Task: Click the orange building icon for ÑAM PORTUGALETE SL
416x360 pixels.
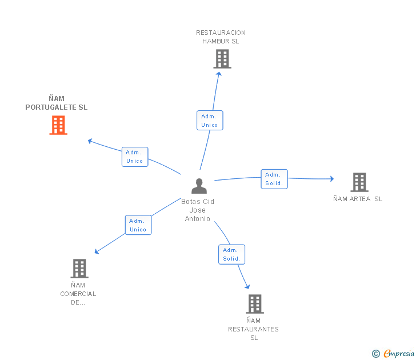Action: click(x=58, y=125)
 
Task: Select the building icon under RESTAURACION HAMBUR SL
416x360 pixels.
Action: click(x=222, y=59)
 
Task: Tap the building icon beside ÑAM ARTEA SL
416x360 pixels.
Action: click(x=359, y=182)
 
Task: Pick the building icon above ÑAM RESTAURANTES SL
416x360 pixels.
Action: click(x=255, y=304)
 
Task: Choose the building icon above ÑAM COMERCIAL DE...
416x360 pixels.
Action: click(x=79, y=269)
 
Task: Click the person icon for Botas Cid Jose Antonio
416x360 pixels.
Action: click(x=199, y=186)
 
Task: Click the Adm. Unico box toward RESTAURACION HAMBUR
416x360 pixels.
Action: click(x=210, y=121)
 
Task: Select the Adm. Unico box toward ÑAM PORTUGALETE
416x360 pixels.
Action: click(x=135, y=157)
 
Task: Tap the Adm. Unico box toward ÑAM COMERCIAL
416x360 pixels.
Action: click(x=138, y=225)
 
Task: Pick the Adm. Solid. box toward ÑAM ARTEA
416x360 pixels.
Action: click(x=274, y=179)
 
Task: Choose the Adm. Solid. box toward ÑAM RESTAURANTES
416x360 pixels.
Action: click(x=231, y=254)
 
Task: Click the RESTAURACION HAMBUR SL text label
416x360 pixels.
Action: click(x=221, y=37)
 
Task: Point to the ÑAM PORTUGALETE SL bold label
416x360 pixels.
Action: click(x=57, y=103)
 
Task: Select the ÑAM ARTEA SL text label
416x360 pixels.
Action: click(x=358, y=199)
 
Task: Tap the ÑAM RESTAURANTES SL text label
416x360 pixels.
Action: click(x=253, y=329)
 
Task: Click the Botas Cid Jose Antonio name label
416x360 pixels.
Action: click(x=198, y=210)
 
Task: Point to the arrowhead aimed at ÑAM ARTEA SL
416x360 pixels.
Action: click(x=332, y=179)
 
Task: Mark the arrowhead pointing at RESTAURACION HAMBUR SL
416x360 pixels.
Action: click(x=219, y=74)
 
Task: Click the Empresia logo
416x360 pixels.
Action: click(x=399, y=354)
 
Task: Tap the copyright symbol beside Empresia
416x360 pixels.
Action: click(x=376, y=354)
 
